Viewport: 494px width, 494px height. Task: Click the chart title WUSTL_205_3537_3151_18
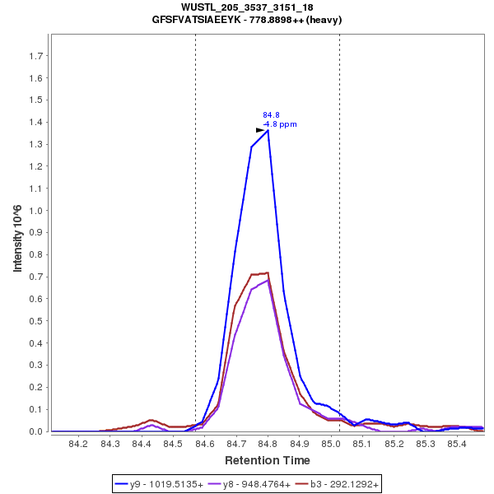click(x=247, y=7)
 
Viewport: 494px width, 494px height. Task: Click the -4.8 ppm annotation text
click(x=280, y=124)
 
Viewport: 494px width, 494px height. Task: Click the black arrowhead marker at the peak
click(x=260, y=130)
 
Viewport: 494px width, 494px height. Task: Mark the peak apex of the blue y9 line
click(x=268, y=130)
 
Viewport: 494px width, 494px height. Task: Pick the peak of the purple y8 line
click(x=268, y=280)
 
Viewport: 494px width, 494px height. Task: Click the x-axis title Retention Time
click(x=268, y=460)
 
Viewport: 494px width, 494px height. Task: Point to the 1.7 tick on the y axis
click(x=35, y=56)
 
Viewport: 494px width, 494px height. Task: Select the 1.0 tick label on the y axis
click(x=35, y=211)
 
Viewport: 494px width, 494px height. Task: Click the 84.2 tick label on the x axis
click(x=78, y=445)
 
